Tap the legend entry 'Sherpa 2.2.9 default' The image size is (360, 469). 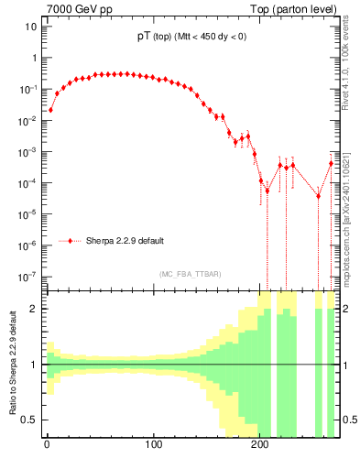(125, 241)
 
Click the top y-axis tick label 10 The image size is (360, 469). (31, 26)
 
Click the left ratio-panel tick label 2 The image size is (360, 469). (36, 309)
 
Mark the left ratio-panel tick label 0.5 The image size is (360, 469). (32, 420)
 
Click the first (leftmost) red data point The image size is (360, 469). (50, 110)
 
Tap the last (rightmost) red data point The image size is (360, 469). (331, 163)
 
